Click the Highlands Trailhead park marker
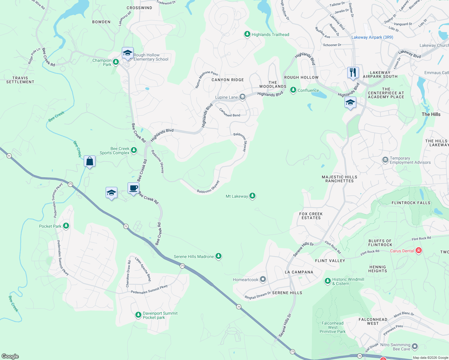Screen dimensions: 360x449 pos(247,34)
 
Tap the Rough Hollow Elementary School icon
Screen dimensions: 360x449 pos(128,53)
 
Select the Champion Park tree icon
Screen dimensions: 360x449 pos(116,62)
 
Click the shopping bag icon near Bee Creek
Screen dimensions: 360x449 pos(89,161)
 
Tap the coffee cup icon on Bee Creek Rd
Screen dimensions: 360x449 pos(133,188)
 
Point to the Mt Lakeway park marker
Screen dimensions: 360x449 pos(252,196)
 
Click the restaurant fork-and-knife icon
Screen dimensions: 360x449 pos(353,73)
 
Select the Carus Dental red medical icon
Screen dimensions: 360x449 pos(419,250)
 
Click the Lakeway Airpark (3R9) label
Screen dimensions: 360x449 pos(372,37)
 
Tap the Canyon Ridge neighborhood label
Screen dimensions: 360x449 pos(228,80)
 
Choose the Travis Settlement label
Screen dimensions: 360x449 pos(20,80)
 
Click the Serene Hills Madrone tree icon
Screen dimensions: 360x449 pos(218,256)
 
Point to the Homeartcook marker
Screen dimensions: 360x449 pos(263,280)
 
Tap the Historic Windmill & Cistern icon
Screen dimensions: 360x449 pos(328,281)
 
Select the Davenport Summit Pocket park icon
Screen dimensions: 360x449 pos(138,315)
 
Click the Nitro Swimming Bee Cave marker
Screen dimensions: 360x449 pos(415,346)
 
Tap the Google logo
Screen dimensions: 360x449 pos(10,356)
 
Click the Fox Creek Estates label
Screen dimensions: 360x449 pos(311,216)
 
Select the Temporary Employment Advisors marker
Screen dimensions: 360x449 pos(385,160)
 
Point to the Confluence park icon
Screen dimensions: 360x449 pos(293,90)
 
